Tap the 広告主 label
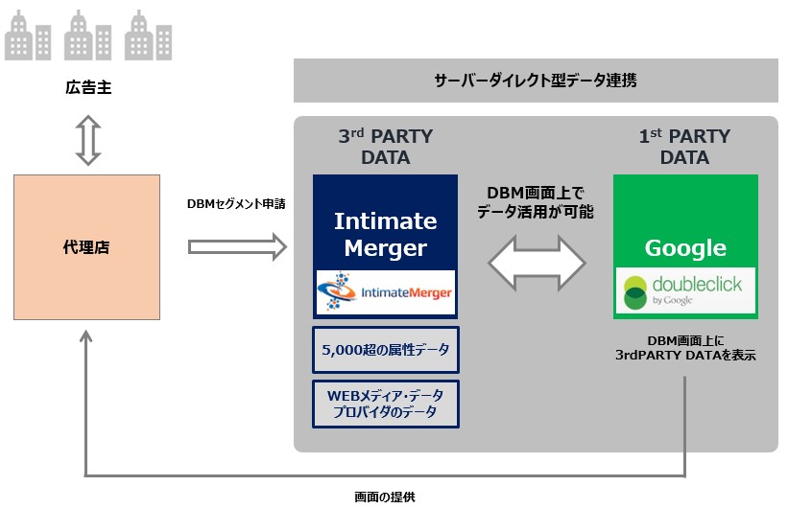(x=87, y=90)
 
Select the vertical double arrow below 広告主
(x=87, y=142)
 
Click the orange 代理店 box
(x=86, y=247)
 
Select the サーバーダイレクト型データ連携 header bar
(x=535, y=81)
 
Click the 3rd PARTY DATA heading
(x=385, y=147)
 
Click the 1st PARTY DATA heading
(x=686, y=147)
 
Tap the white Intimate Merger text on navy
(x=385, y=233)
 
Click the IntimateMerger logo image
(x=385, y=291)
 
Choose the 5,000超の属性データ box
(x=385, y=351)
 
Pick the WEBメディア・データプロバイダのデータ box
(x=385, y=403)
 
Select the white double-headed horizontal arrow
(x=536, y=259)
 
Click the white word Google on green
(x=685, y=248)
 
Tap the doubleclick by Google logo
(x=685, y=291)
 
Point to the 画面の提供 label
(x=384, y=497)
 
